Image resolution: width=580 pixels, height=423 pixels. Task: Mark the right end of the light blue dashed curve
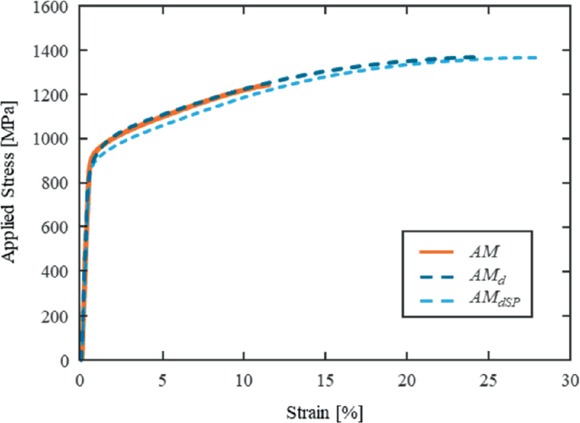537,58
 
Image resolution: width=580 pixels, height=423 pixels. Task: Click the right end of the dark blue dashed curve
476,58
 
